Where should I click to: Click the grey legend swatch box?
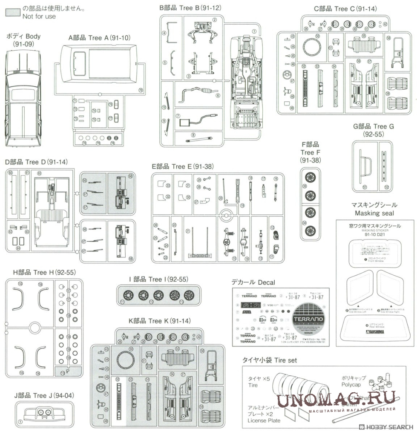[x=13, y=12]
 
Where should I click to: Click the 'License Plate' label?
[x=264, y=420]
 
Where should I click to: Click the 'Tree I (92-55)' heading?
[x=158, y=279]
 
